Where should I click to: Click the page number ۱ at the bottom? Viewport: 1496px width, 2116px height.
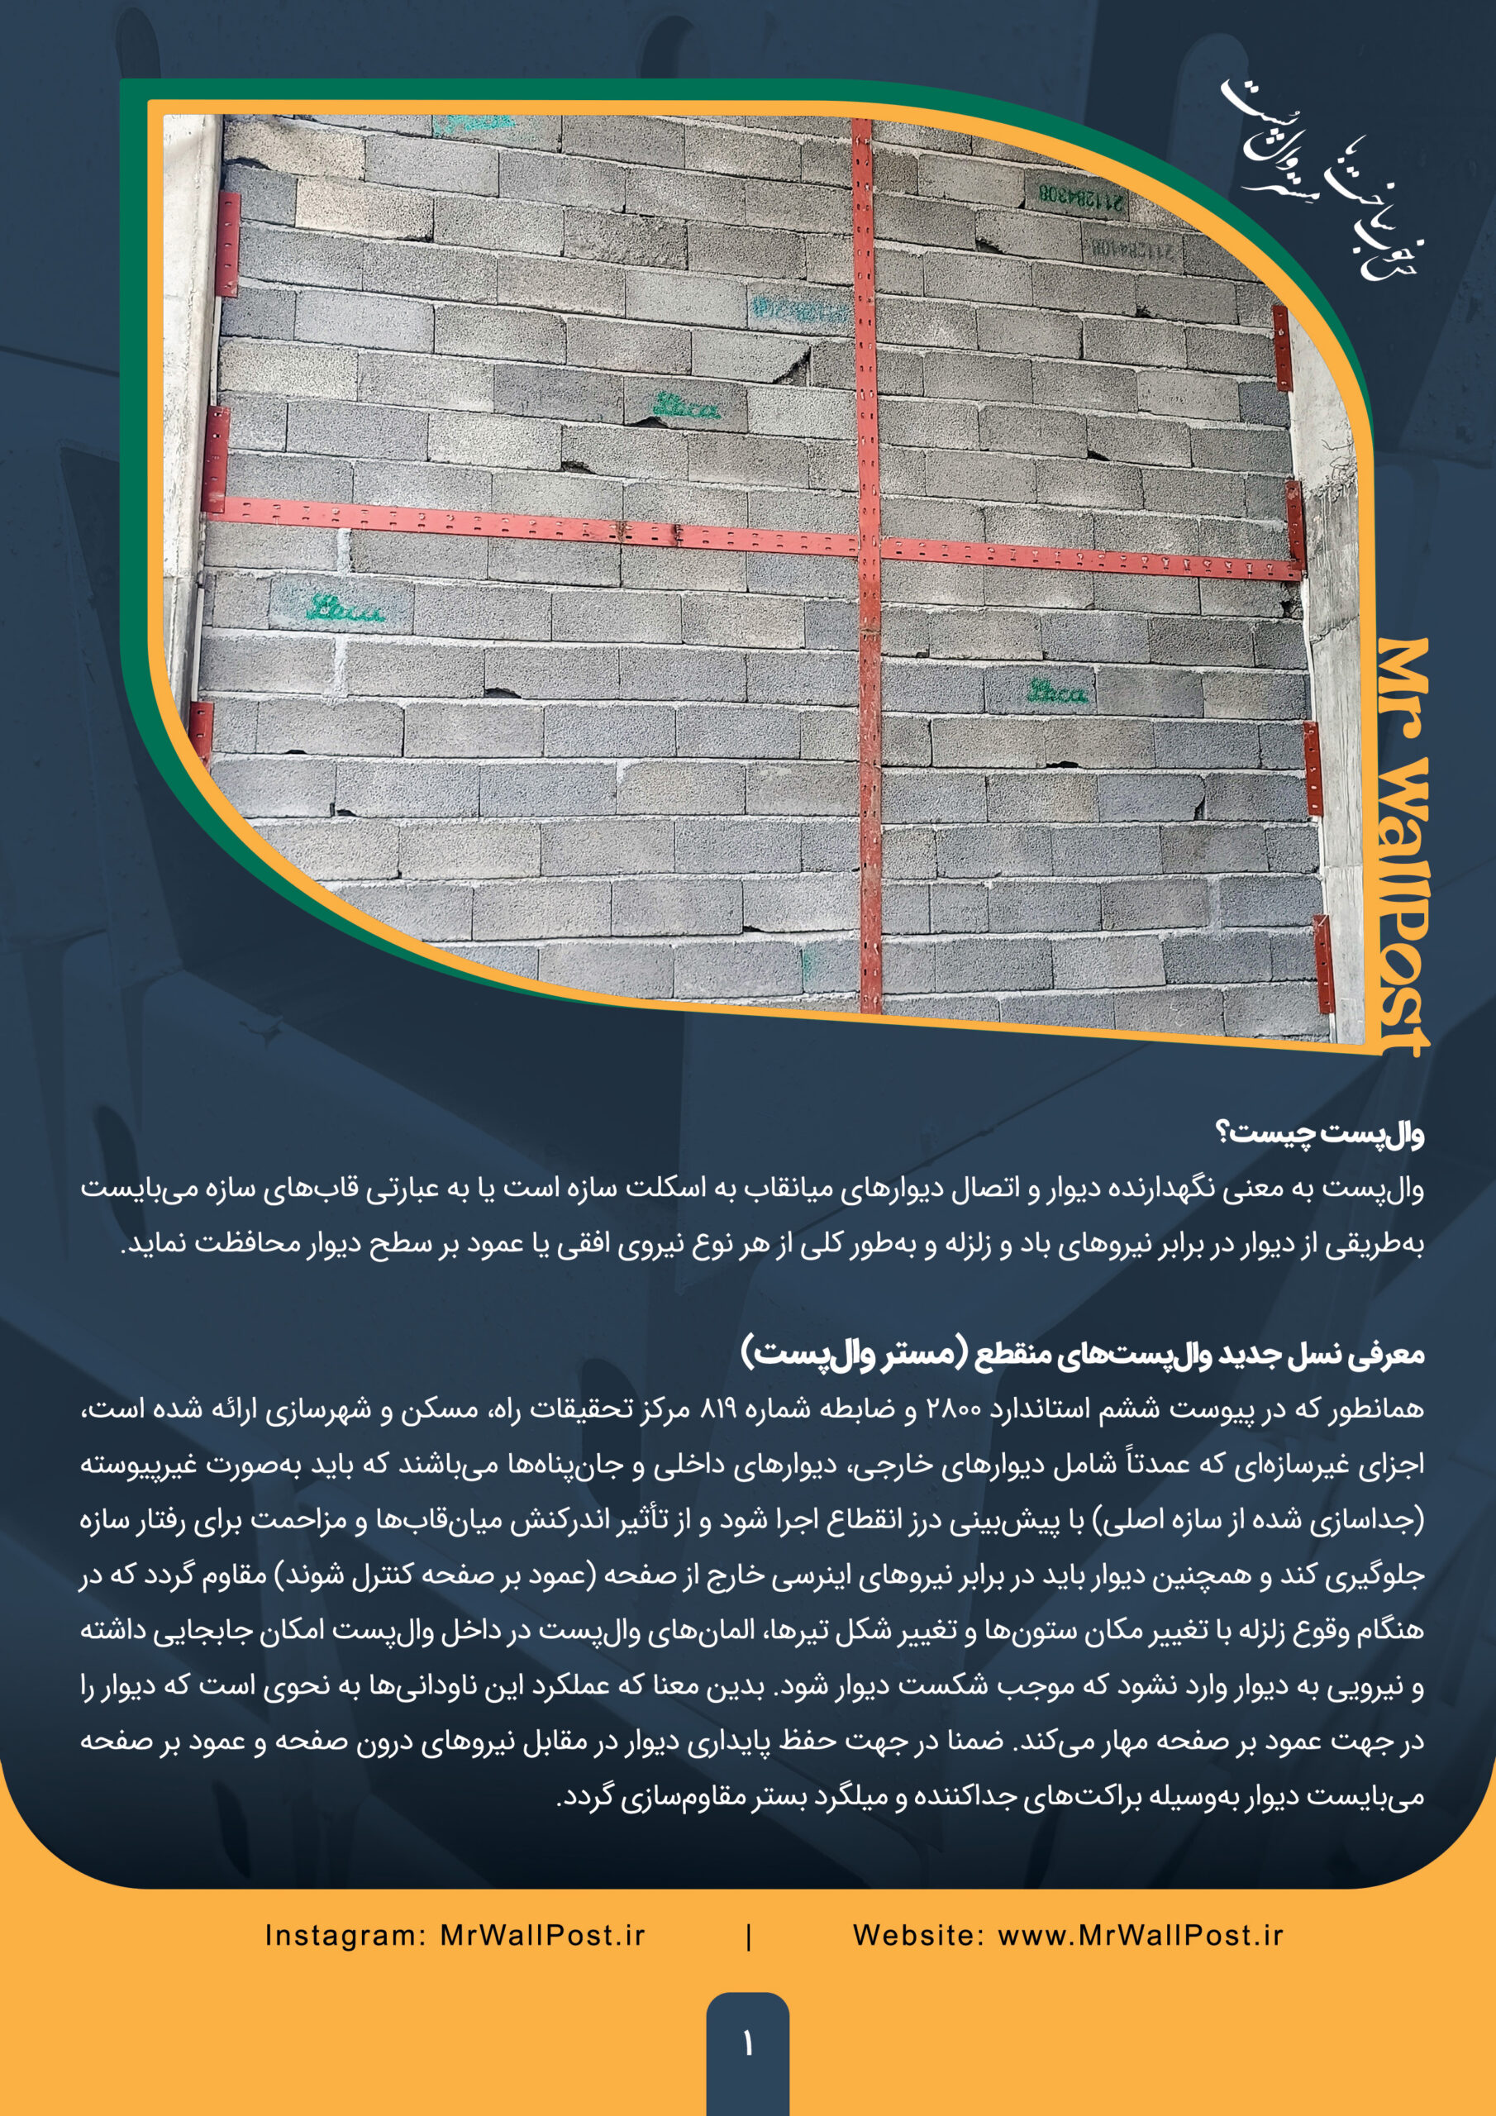(747, 2043)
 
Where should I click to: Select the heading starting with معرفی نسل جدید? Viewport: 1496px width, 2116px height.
(1083, 1354)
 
